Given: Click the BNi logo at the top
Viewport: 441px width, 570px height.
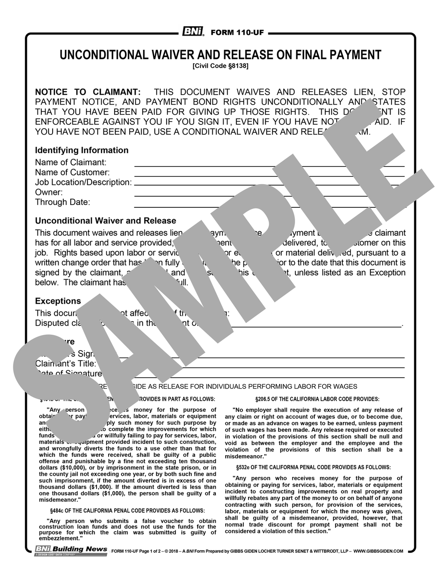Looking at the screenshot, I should [193, 32].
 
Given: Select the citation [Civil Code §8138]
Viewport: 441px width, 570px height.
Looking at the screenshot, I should [220, 66].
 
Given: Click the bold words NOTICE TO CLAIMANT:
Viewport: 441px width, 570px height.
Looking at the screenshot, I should [87, 92].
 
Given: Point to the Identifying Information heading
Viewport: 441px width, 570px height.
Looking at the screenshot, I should [81, 150].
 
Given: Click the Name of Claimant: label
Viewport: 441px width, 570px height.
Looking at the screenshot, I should [71, 163].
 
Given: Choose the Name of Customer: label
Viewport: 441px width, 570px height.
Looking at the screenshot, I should [72, 173].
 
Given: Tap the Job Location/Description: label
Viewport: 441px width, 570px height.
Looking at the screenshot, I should [83, 182].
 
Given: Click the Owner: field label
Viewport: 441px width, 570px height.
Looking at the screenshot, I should [49, 192].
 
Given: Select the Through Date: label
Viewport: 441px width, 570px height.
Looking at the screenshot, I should [62, 202].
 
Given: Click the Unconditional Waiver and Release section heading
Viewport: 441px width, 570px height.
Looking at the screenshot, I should [106, 221].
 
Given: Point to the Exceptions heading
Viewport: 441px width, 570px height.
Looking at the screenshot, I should [58, 301].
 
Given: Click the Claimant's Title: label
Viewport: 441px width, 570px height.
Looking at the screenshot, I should [65, 364].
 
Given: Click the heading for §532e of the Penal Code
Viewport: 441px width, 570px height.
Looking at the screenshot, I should [314, 467].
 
